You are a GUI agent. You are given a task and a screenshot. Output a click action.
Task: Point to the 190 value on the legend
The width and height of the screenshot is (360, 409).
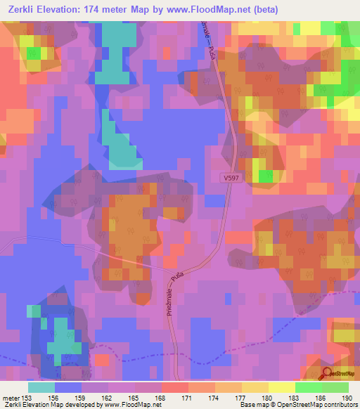pos(347,397)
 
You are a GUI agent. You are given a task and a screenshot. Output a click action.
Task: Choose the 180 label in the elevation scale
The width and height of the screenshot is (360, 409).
pos(266,397)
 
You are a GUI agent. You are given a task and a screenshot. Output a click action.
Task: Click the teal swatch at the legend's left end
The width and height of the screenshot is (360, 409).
pos(41,387)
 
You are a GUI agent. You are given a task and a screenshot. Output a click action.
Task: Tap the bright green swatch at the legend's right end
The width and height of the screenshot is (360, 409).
pos(335,387)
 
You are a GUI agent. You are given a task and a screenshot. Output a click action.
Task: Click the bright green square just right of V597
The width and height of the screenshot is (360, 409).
pos(264,176)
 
